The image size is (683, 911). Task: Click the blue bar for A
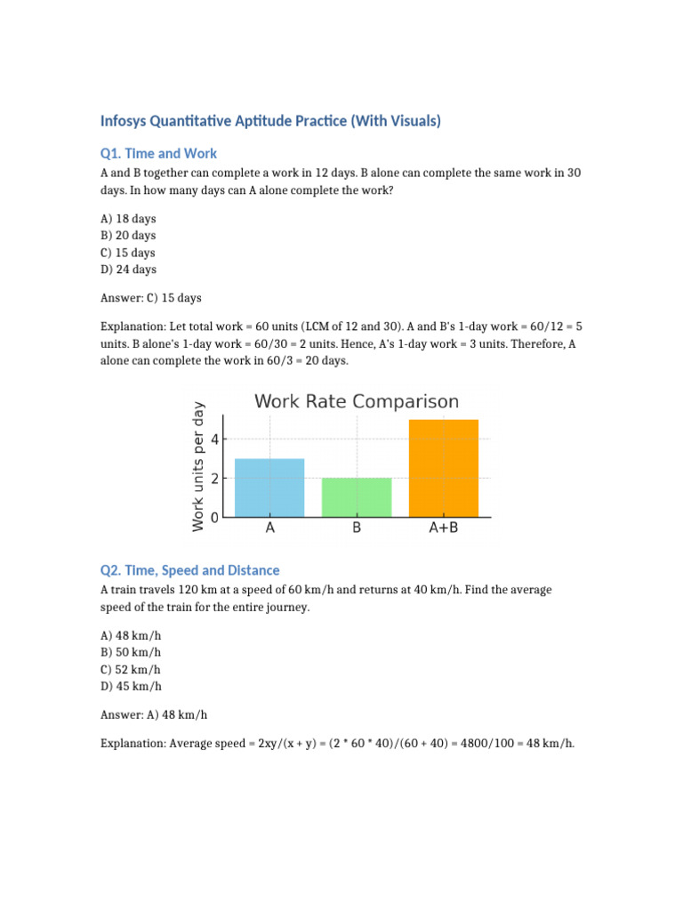point(269,488)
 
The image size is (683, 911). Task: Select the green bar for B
point(357,497)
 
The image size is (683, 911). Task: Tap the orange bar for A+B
point(444,468)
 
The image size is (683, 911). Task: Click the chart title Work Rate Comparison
point(357,401)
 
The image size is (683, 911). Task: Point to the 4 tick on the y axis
point(214,439)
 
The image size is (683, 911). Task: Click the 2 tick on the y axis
point(214,479)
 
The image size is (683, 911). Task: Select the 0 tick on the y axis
point(214,517)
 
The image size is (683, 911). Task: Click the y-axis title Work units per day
point(198,467)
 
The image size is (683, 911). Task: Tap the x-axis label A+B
point(444,528)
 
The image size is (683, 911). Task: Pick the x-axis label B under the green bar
point(357,528)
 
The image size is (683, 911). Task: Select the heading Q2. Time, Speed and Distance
point(189,570)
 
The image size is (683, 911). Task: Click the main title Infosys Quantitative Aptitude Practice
point(270,120)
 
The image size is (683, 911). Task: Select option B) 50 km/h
point(132,652)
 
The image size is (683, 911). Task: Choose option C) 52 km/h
point(132,669)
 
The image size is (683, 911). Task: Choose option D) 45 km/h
point(132,686)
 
